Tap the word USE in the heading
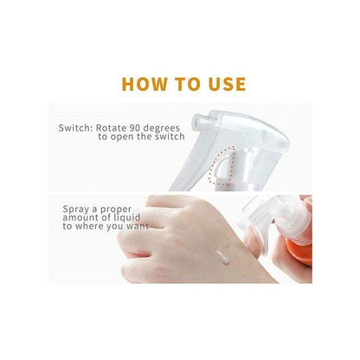tap(227, 84)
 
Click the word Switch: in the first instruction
tap(75, 128)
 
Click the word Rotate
tap(111, 128)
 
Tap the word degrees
tap(162, 128)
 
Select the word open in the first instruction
tap(123, 137)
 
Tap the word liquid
tap(127, 218)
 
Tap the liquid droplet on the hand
tap(223, 258)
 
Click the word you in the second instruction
tap(114, 228)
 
